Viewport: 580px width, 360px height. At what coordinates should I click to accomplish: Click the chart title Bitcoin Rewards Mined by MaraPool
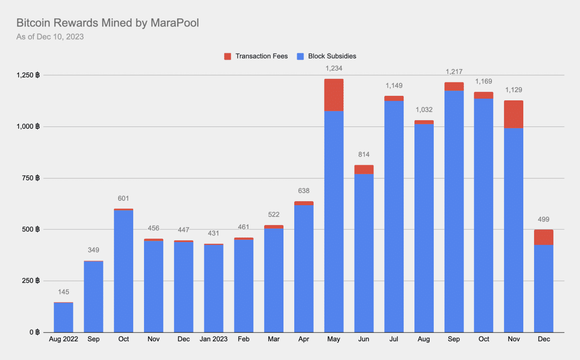[108, 23]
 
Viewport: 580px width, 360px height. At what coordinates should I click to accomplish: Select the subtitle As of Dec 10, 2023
[50, 37]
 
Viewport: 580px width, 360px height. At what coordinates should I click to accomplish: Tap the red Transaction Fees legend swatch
[227, 56]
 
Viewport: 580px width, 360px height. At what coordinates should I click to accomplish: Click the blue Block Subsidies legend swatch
[301, 56]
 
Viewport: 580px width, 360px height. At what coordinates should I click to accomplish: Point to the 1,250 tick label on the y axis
[28, 75]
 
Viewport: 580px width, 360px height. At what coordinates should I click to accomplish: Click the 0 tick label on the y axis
[34, 333]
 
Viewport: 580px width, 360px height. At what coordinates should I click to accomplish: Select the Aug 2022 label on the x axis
[63, 339]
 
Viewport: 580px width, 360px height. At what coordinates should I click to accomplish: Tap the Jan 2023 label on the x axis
[213, 339]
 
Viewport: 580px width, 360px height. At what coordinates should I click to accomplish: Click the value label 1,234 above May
[333, 68]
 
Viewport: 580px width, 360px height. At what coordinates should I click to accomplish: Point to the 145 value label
[63, 292]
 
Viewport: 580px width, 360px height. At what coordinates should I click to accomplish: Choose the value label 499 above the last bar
[544, 220]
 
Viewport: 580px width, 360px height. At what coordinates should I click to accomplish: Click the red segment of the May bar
[333, 95]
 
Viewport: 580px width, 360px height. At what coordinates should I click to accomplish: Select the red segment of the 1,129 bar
[513, 114]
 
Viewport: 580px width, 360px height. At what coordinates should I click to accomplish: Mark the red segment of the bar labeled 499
[544, 237]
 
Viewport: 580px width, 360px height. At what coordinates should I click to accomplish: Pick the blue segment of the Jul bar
[394, 216]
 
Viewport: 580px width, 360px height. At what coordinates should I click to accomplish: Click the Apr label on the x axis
[304, 339]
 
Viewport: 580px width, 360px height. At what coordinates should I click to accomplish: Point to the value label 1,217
[454, 72]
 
